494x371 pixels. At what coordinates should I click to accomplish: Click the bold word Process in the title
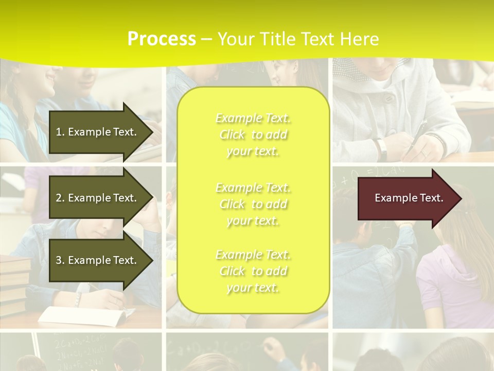click(x=162, y=39)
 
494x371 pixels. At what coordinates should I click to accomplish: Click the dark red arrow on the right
click(x=407, y=198)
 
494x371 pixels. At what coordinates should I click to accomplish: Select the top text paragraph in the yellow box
click(x=253, y=134)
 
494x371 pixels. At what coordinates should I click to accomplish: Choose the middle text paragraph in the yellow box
click(x=253, y=204)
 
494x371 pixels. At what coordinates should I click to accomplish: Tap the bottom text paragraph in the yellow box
click(x=253, y=271)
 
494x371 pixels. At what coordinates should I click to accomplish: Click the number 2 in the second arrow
click(x=59, y=198)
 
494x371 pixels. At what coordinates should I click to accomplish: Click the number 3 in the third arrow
click(x=59, y=260)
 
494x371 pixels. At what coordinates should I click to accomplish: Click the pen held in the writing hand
click(x=418, y=135)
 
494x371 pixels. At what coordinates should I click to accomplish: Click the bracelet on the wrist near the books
click(x=78, y=299)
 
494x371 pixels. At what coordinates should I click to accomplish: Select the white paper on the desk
click(x=82, y=315)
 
